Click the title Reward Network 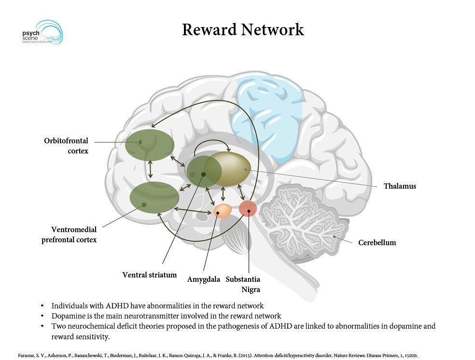(243, 29)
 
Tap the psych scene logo (42, 32)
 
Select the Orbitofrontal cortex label (67, 146)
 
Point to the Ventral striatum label (149, 275)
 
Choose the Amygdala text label (203, 279)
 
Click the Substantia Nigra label (243, 284)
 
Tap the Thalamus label (399, 186)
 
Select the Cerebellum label (377, 242)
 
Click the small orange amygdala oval (223, 210)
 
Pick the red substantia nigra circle (248, 208)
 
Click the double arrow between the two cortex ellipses (151, 169)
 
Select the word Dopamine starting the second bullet (68, 316)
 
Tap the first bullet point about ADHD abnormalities (157, 305)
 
